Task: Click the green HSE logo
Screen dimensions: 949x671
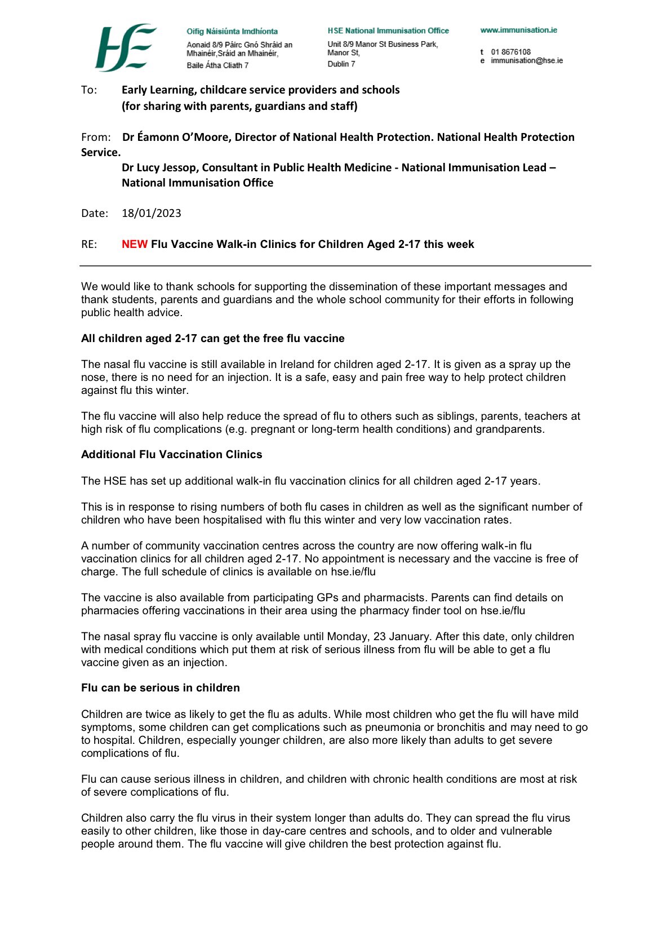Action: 126,47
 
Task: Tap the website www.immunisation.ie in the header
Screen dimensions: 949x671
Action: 518,30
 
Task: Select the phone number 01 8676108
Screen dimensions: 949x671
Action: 510,52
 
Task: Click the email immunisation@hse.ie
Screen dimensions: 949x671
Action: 526,61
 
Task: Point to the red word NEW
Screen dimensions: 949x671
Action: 135,245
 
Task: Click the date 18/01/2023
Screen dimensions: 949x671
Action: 152,214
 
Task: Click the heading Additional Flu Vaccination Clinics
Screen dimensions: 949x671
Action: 172,455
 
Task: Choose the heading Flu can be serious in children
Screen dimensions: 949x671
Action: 161,688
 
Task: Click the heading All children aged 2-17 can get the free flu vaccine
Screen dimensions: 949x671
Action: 213,339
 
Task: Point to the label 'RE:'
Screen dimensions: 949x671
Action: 89,245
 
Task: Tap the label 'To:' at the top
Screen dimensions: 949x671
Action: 89,90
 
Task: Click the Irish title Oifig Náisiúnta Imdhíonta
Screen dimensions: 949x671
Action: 232,32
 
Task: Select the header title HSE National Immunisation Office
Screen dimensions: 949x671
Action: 388,31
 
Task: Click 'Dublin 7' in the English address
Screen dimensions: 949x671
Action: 341,64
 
